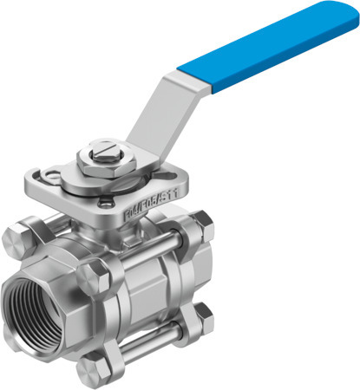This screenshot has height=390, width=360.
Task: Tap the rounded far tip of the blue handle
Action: tap(343, 15)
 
